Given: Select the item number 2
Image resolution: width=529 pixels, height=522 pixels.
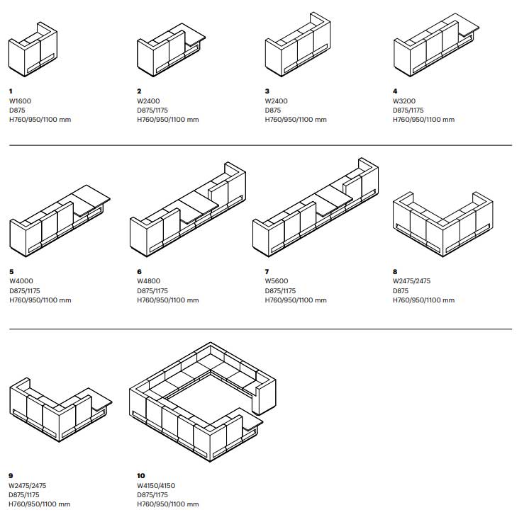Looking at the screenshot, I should pyautogui.click(x=139, y=91).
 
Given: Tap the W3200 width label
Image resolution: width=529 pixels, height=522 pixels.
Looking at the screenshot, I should pyautogui.click(x=405, y=101).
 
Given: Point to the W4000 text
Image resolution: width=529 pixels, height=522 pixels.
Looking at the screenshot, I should pyautogui.click(x=21, y=281).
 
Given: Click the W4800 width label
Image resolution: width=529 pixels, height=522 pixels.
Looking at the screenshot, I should pyautogui.click(x=149, y=281).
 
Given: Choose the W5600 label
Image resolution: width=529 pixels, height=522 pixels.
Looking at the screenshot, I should pyautogui.click(x=277, y=281).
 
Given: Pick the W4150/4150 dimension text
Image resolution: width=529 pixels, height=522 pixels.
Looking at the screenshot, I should pyautogui.click(x=155, y=485).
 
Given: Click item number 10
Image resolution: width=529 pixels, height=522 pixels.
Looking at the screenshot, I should pyautogui.click(x=140, y=475).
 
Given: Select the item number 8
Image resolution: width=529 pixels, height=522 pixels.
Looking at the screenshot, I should pyautogui.click(x=395, y=271).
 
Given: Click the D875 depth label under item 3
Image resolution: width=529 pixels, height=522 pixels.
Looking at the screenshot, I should pyautogui.click(x=272, y=110).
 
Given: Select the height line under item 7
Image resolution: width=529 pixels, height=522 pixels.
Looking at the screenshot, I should pyautogui.click(x=296, y=300).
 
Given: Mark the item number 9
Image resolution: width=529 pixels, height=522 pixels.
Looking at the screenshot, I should pyautogui.click(x=11, y=475).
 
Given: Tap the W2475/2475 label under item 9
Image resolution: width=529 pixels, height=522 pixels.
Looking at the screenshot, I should pyautogui.click(x=28, y=485).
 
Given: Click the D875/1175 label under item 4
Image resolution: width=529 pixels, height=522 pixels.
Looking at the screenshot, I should pyautogui.click(x=408, y=110).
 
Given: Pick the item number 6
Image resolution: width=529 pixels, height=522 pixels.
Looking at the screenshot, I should pyautogui.click(x=139, y=271).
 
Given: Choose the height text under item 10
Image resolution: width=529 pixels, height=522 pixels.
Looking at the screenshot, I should pyautogui.click(x=167, y=504).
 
